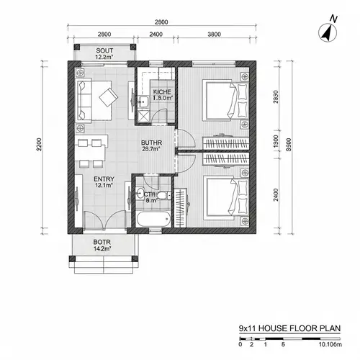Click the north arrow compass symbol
pyautogui.click(x=329, y=32)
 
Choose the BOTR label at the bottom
pyautogui.click(x=102, y=245)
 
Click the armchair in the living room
pyautogui.click(x=110, y=96)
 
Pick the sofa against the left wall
pyautogui.click(x=84, y=99)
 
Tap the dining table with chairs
pyautogui.click(x=90, y=149)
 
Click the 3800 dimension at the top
pyautogui.click(x=214, y=34)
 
